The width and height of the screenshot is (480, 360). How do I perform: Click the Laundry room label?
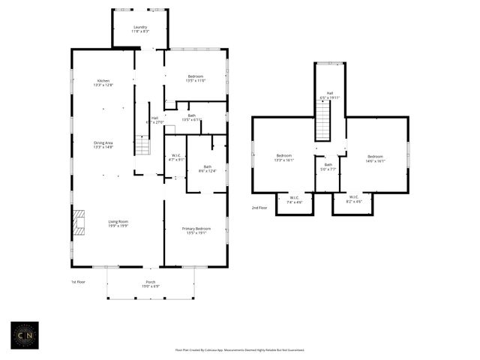(140, 29)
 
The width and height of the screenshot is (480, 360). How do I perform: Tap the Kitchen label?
(103, 83)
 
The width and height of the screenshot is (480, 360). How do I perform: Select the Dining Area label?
(103, 145)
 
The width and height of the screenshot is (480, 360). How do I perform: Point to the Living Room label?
(118, 223)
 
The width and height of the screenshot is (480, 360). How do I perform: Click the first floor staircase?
(142, 145)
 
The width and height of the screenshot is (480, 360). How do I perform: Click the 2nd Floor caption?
(259, 208)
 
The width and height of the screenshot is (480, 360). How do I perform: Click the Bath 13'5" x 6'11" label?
(192, 118)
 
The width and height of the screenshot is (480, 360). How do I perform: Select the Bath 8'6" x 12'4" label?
(207, 169)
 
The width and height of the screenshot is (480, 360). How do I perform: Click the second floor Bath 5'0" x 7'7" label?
(328, 166)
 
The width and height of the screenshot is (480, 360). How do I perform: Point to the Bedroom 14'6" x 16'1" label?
(375, 158)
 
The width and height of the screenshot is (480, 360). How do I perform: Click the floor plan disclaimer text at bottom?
(240, 349)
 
